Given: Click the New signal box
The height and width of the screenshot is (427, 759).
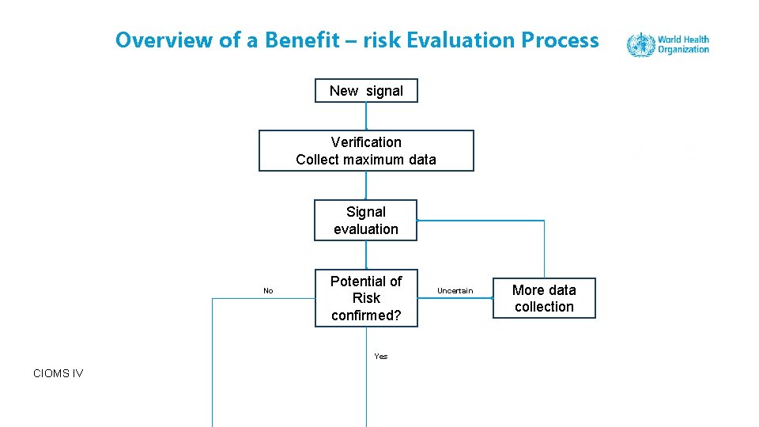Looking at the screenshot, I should coord(366,91).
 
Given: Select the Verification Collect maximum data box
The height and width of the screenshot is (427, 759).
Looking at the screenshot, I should coord(366,151).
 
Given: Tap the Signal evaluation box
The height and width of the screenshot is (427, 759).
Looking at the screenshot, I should coord(365,221).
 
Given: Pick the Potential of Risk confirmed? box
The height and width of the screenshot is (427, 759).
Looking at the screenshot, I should coord(365,298).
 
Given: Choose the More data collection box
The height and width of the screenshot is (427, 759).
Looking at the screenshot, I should coord(544,298).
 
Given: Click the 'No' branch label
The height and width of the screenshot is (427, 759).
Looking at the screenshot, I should coord(268,291).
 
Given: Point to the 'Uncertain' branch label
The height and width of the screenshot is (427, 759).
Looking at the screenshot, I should coord(455,291).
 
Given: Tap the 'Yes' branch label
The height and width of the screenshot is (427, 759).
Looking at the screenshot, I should coord(381,356).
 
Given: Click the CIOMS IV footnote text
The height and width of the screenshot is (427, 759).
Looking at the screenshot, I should coord(59,373).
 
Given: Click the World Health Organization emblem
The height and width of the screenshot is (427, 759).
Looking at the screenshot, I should coord(640,44).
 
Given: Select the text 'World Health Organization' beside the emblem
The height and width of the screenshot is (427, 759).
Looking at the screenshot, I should coord(683,44).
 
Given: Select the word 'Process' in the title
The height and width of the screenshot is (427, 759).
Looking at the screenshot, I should coord(560,40).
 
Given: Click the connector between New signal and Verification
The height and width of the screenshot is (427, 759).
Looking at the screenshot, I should coord(366,116).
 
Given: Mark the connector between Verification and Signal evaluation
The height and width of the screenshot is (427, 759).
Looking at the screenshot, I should coord(366,186).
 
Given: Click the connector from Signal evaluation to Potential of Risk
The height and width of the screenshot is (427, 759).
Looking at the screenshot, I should coord(366,255).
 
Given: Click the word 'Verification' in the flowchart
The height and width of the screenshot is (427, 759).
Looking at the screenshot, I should coord(366,142).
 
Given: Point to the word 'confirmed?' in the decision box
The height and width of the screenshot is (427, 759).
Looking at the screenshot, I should coord(366,316).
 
